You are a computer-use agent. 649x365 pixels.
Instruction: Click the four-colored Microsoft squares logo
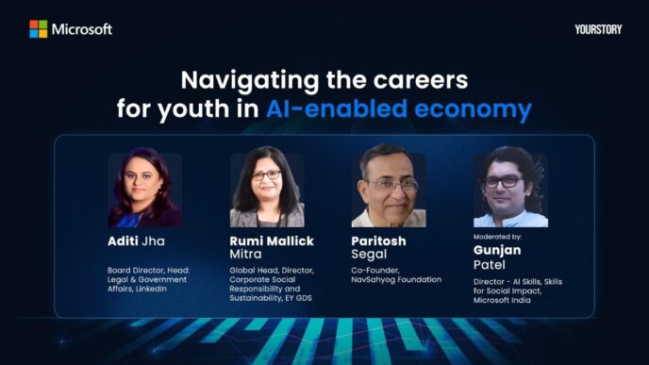38,28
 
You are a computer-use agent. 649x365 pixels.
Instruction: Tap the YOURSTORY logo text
598,29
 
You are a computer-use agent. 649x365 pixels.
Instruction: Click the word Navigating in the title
240,78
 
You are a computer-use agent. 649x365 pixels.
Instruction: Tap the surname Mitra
247,255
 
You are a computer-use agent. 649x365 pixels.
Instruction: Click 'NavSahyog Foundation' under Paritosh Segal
396,280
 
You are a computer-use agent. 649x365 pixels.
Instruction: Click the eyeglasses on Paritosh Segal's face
391,184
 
